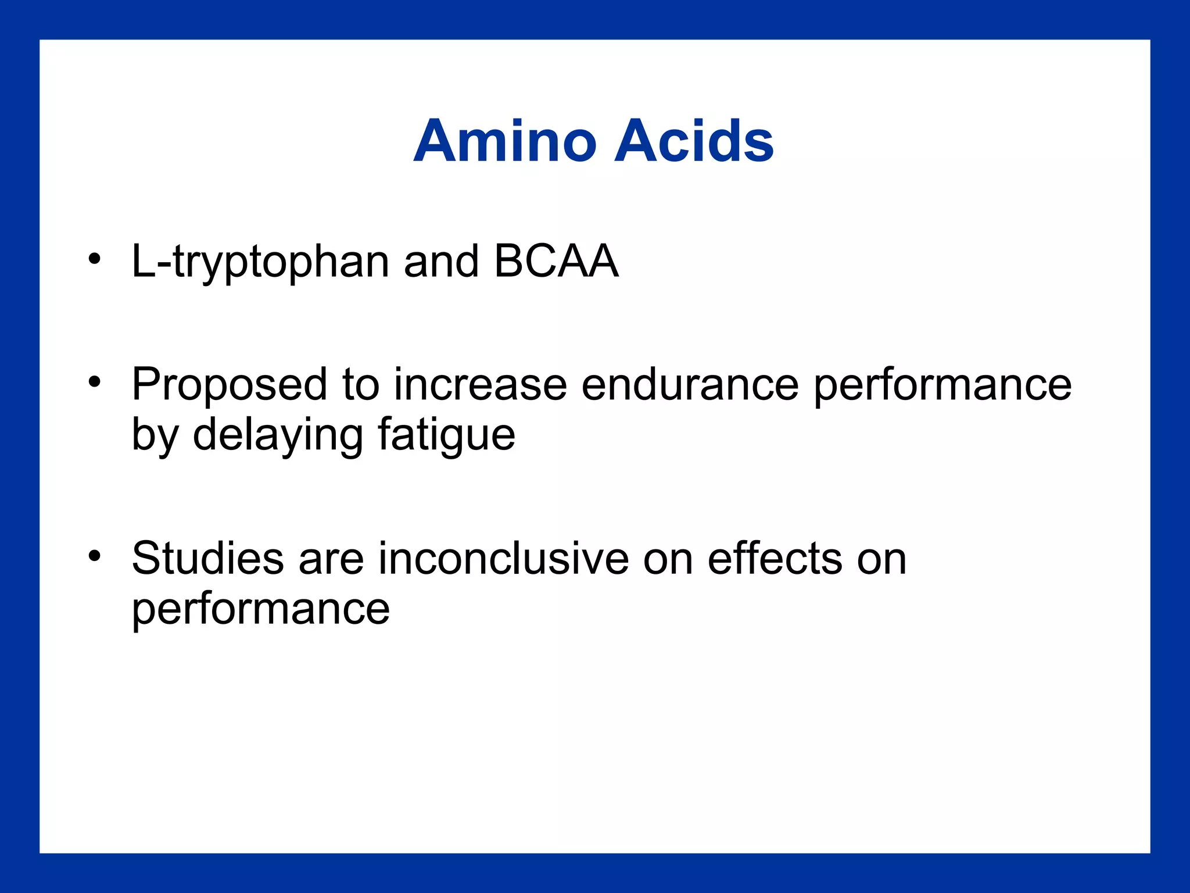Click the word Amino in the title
point(505,141)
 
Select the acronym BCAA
point(556,261)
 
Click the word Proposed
point(230,385)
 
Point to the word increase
point(480,385)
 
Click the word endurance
point(690,385)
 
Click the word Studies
point(207,559)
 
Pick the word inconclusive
point(504,559)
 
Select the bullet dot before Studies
point(95,556)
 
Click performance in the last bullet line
point(261,610)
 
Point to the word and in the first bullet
point(441,261)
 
